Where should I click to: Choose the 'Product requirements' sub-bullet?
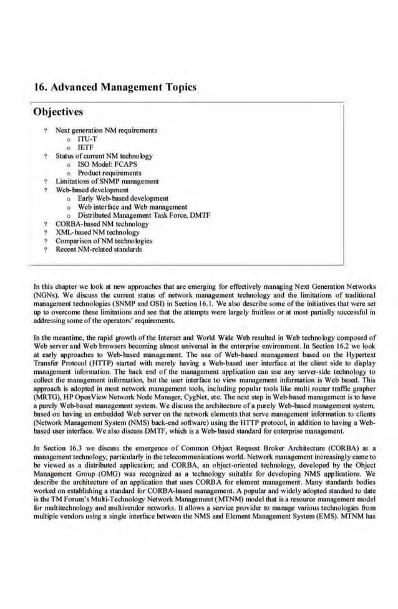tap(109, 173)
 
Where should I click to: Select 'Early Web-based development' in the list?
tap(123, 198)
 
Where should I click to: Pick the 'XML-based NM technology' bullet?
tap(99, 231)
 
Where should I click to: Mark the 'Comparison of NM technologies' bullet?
tap(104, 240)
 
